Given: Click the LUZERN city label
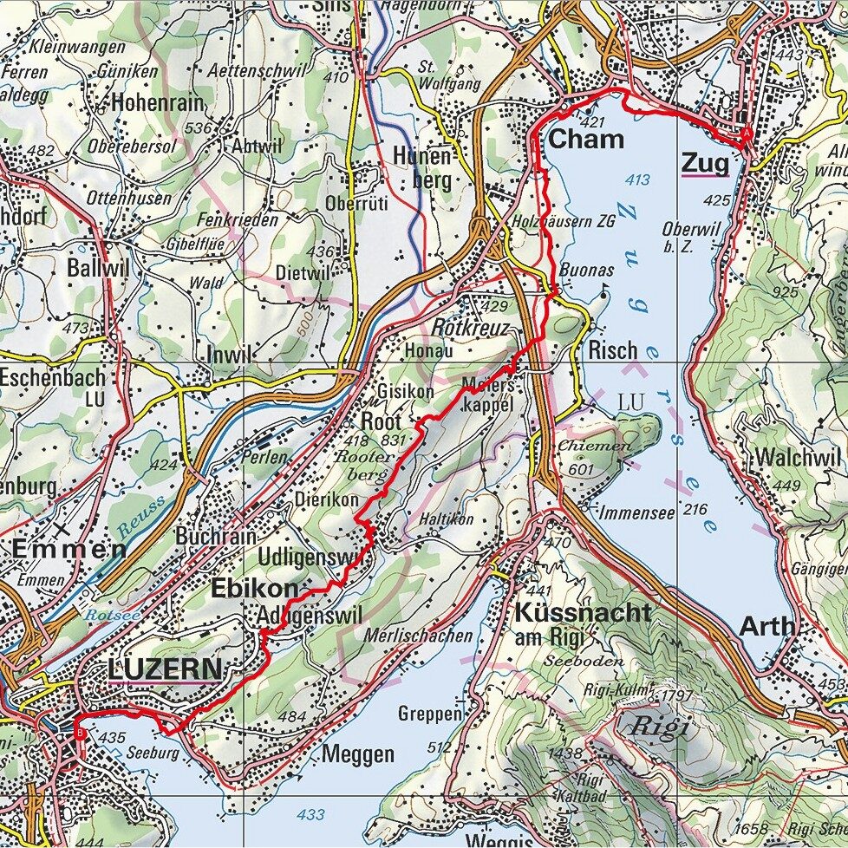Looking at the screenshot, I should [x=164, y=669].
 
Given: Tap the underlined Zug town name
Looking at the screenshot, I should [x=704, y=162].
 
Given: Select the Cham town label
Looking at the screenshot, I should [x=586, y=139].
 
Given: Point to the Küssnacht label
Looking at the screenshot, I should [x=582, y=612].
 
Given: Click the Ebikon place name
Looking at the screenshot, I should [x=253, y=589].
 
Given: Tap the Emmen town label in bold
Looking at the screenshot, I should [x=68, y=550].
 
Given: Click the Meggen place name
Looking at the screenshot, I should [x=357, y=754].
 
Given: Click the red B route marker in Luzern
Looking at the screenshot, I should [x=81, y=734].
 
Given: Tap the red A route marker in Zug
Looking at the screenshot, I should [x=747, y=134].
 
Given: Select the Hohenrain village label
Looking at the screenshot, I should [x=158, y=103].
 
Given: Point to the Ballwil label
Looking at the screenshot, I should [x=97, y=268].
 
